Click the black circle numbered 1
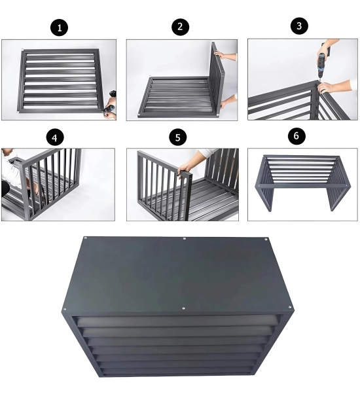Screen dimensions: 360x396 60,27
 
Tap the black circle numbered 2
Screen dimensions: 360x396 180,26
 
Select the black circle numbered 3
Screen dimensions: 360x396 299,26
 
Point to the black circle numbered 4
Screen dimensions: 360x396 55,138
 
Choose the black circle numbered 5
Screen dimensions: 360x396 178,137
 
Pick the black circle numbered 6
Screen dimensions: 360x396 297,135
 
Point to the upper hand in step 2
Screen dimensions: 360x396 221,54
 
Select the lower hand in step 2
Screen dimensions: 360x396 224,103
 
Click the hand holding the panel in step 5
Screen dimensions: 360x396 186,168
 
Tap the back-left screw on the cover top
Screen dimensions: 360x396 85,238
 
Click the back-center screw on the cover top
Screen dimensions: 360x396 185,238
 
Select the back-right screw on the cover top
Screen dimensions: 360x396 266,239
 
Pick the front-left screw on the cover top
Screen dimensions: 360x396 65,309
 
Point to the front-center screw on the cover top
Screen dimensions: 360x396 183,308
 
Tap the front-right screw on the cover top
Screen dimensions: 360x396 289,307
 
